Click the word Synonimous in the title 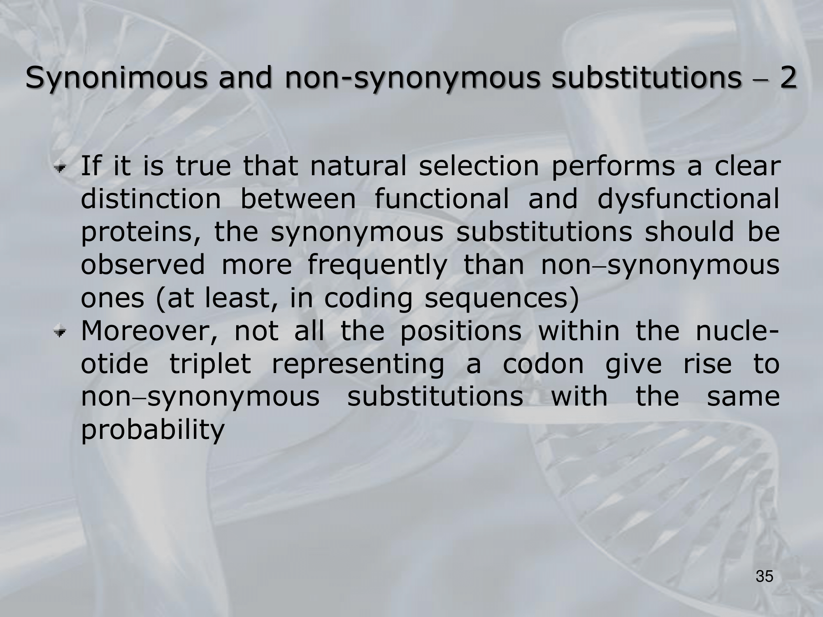pos(116,78)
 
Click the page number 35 pos(765,576)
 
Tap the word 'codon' pos(543,364)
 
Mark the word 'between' pos(298,199)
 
